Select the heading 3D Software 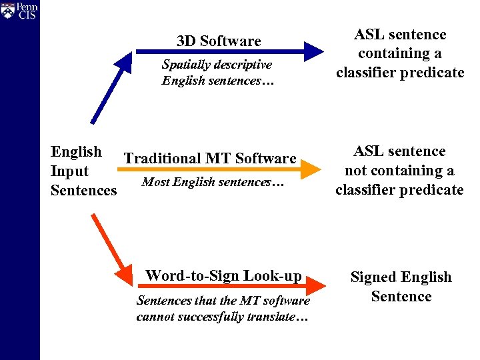[x=219, y=41]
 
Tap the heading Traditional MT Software [x=210, y=159]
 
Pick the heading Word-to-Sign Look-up [x=223, y=275]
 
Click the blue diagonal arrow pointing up [x=113, y=89]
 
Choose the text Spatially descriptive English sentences [x=217, y=73]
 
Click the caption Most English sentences [x=213, y=181]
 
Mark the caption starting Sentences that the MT [x=223, y=309]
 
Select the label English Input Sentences [x=83, y=171]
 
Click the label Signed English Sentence [x=401, y=287]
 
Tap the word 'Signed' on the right [x=375, y=277]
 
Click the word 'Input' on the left [x=69, y=171]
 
